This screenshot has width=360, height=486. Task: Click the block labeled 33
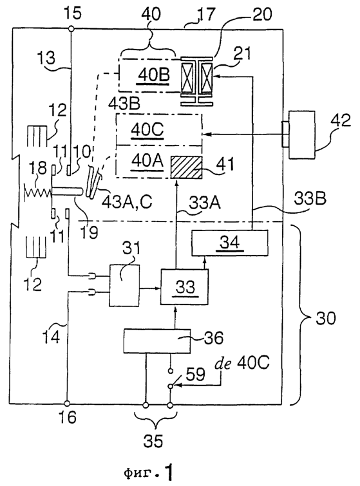tap(184, 287)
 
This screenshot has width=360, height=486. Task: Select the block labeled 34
tap(230, 243)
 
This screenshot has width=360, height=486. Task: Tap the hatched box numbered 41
tap(186, 167)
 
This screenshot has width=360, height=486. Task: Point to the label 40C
tap(147, 130)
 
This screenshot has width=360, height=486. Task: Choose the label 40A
tap(147, 161)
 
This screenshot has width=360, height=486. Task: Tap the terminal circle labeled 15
tap(71, 29)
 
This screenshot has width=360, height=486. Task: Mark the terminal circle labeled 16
tap(67, 404)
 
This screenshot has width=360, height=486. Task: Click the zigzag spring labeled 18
tap(37, 193)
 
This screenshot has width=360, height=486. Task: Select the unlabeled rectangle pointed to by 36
tap(157, 341)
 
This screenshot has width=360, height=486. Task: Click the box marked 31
tap(124, 285)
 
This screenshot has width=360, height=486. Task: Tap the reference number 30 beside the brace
tap(326, 318)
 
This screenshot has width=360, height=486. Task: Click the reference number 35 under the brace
tap(153, 440)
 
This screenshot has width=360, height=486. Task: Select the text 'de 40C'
tap(242, 363)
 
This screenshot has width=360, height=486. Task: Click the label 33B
tap(310, 198)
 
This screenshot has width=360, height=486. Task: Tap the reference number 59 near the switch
tap(195, 374)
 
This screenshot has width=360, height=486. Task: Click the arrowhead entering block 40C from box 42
tap(205, 134)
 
